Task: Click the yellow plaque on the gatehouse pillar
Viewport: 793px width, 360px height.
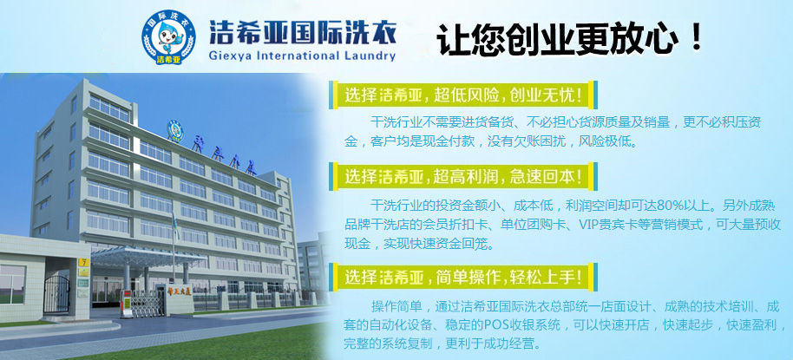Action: pos(84,261)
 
